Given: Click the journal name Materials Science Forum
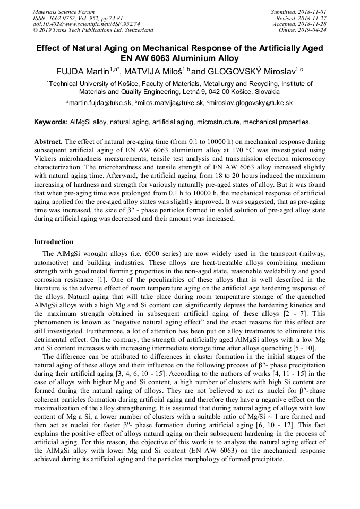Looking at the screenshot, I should coord(64,12).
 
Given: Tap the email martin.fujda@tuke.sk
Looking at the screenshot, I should coord(100,103).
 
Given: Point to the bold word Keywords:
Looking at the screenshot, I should coord(51,122).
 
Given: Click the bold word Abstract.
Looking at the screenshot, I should coord(48,142).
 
